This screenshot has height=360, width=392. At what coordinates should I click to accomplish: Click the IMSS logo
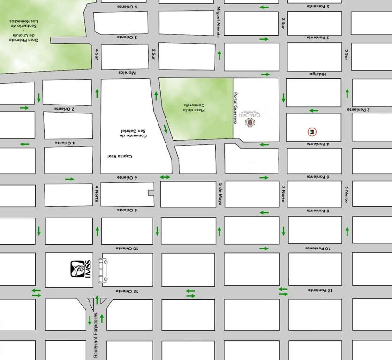click(x=80, y=270)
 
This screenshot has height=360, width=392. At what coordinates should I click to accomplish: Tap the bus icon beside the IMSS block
click(x=102, y=270)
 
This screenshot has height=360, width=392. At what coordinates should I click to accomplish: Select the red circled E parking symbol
click(x=312, y=132)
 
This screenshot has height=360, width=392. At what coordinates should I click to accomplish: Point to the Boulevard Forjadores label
click(x=96, y=336)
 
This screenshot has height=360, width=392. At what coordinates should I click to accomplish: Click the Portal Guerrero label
click(x=236, y=108)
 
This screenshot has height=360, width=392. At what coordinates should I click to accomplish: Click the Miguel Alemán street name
click(x=219, y=22)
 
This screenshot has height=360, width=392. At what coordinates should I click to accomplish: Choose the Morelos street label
click(x=127, y=73)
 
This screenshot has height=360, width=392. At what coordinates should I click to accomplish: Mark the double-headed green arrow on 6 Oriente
click(x=165, y=177)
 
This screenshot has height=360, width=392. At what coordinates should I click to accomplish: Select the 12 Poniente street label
click(x=320, y=290)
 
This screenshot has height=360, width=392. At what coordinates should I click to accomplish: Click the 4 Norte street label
click(x=97, y=194)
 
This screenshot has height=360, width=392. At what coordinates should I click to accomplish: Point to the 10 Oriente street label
click(x=127, y=248)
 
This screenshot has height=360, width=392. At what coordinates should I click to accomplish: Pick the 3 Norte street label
click(x=283, y=194)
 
